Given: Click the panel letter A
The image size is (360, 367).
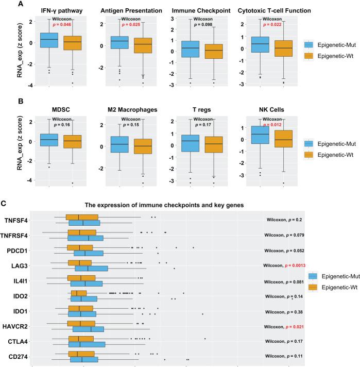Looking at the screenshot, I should (6, 4).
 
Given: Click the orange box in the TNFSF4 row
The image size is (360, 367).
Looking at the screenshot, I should (82, 217).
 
